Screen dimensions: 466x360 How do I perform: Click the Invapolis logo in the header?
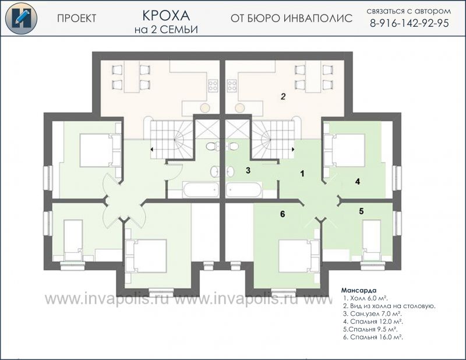[x=21, y=18]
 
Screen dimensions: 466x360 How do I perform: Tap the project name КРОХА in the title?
[x=166, y=16]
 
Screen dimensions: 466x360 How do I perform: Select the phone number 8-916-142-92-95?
[x=409, y=23]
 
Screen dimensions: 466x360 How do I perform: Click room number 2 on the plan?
[x=283, y=96]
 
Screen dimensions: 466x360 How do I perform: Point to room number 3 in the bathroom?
[x=248, y=170]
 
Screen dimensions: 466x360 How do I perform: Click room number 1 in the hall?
[x=302, y=174]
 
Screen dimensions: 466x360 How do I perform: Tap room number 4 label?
[x=358, y=181]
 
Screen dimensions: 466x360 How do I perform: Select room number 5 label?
[x=361, y=211]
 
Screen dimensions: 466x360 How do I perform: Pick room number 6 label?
[x=283, y=214]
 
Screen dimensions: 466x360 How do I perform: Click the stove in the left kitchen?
[x=213, y=85]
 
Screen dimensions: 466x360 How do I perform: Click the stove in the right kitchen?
[x=232, y=85]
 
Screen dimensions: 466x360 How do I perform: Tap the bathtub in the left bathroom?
[x=201, y=190]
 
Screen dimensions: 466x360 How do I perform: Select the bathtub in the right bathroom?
[x=244, y=190]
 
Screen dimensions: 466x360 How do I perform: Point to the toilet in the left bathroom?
[x=212, y=146]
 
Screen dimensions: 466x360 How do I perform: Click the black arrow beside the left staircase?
[x=152, y=149]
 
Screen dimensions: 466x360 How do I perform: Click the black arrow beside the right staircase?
[x=294, y=149]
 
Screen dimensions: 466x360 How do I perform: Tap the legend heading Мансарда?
[x=359, y=290]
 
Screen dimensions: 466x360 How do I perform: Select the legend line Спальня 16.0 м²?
[x=373, y=337]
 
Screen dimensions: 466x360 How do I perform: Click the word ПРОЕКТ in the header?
[x=77, y=19]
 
